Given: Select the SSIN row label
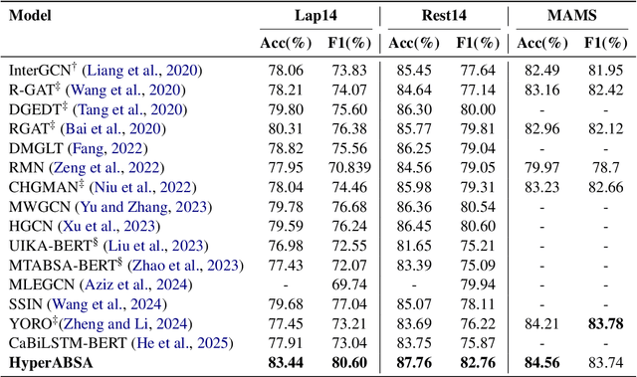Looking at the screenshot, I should click(27, 304).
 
